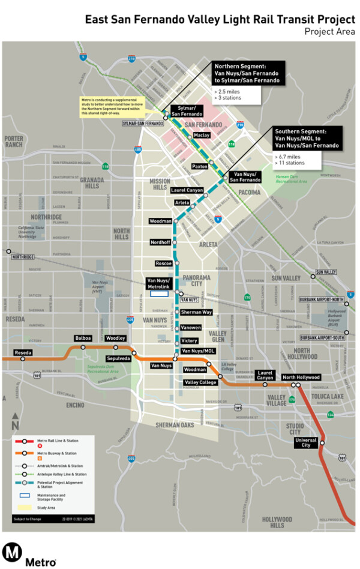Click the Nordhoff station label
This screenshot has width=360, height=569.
tap(161, 242)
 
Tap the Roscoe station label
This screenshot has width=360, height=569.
tap(164, 263)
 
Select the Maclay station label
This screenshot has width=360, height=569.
tap(202, 136)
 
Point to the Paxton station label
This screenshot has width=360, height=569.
tap(199, 166)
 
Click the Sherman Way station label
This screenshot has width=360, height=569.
tap(197, 312)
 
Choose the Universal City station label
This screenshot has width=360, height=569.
tap(305, 442)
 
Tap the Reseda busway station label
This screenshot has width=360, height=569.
tap(23, 352)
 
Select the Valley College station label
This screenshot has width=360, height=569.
tap(200, 382)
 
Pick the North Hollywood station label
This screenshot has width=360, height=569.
tap(301, 378)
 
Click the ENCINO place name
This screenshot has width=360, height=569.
tap(76, 405)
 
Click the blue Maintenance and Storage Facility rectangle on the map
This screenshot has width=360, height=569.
tap(159, 294)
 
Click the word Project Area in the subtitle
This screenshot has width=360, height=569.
tap(329, 31)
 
